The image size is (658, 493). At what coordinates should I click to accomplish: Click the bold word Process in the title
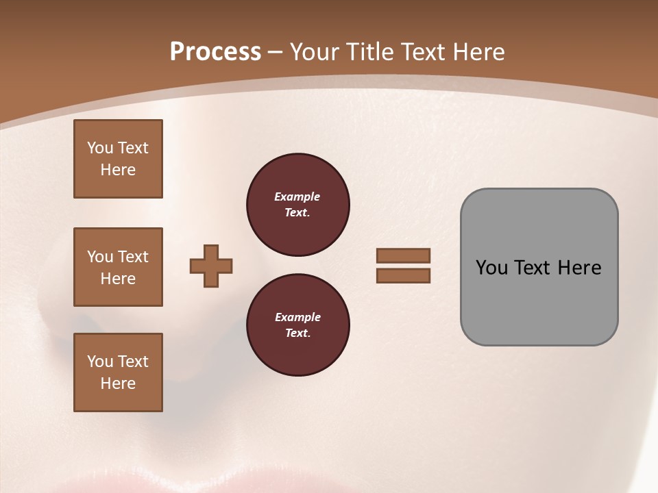pyautogui.click(x=215, y=52)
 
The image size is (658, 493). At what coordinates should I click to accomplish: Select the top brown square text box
pyautogui.click(x=118, y=159)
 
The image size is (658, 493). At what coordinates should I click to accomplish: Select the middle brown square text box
pyautogui.click(x=118, y=267)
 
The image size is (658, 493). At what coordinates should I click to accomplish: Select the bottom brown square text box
pyautogui.click(x=118, y=372)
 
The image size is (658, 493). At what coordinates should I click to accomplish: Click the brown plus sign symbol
pyautogui.click(x=211, y=266)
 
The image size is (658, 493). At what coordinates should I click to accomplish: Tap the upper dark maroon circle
pyautogui.click(x=297, y=205)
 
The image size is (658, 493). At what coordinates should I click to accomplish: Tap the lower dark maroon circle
pyautogui.click(x=297, y=325)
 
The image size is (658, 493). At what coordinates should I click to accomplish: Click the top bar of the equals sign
pyautogui.click(x=403, y=255)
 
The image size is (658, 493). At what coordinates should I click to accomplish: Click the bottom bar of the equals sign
pyautogui.click(x=403, y=275)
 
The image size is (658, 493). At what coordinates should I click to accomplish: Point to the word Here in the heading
pyautogui.click(x=478, y=52)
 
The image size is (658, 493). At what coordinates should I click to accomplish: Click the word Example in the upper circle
pyautogui.click(x=297, y=197)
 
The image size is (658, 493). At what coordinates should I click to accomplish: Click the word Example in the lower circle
pyautogui.click(x=297, y=317)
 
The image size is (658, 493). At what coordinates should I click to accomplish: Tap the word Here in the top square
pyautogui.click(x=118, y=170)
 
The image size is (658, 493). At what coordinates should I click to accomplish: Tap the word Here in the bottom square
pyautogui.click(x=118, y=383)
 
